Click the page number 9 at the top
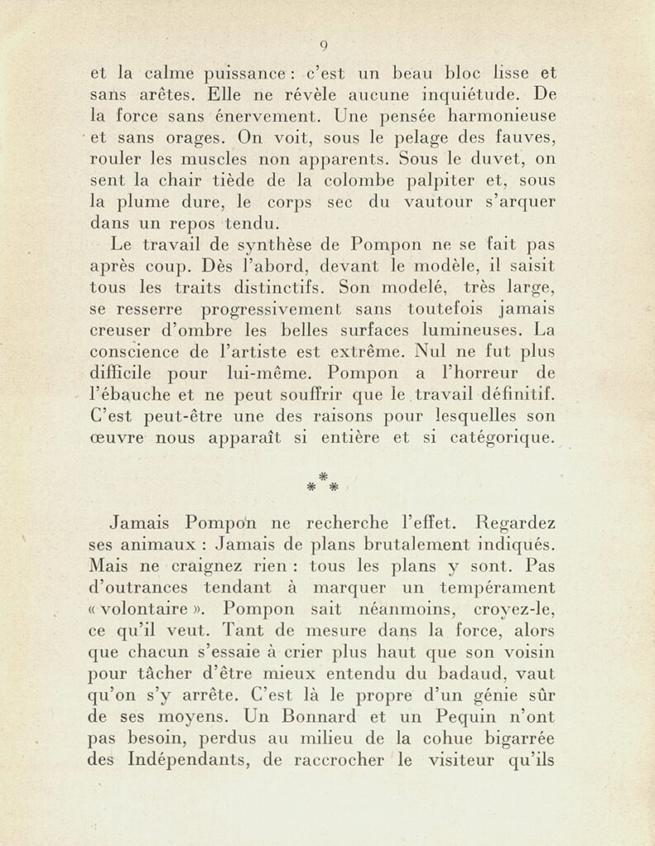point(325,45)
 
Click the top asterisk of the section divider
point(324,476)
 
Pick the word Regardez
point(515,524)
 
